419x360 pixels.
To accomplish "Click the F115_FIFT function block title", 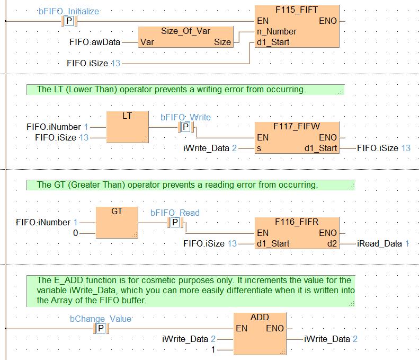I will click(297, 10).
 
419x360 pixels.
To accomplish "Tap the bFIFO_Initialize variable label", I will click(69, 11).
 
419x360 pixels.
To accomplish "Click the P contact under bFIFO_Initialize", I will click(69, 21).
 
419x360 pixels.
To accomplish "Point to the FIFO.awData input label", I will click(95, 42).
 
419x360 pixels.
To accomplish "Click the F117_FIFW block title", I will click(296, 127).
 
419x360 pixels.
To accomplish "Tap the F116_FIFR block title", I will click(296, 222).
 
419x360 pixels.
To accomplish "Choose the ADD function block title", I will click(260, 317).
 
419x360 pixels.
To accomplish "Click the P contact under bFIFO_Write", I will click(185, 127).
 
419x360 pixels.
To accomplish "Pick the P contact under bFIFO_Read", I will click(175, 223).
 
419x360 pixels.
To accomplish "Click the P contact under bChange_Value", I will click(101, 329).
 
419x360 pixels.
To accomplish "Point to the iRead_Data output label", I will click(378, 244).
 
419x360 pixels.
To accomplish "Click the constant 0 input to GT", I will click(75, 233).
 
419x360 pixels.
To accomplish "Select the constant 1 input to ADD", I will click(213, 350).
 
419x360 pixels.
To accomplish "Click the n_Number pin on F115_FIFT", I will click(275, 32).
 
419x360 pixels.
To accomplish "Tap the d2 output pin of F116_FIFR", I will click(332, 244).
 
